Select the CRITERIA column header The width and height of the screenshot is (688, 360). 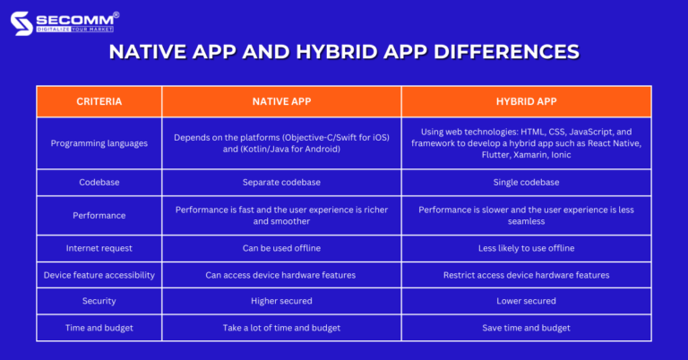point(99,101)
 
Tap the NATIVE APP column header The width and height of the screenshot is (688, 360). point(281,101)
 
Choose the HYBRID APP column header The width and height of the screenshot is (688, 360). point(526,101)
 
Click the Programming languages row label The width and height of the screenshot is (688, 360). point(99,143)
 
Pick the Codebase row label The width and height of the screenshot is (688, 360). point(99,182)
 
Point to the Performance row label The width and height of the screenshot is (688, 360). point(99,215)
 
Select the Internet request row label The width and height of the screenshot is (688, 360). point(99,248)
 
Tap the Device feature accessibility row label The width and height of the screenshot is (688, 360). point(99,275)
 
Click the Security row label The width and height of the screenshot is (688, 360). point(99,301)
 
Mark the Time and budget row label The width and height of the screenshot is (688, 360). point(99,328)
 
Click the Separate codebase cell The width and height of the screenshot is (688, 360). point(281,182)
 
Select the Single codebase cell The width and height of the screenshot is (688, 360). point(526,182)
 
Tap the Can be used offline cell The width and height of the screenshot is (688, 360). point(281,248)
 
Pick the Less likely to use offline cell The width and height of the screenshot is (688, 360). point(526,248)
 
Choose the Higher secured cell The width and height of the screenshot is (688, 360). point(281,301)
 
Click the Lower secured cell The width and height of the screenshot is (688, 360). point(526,301)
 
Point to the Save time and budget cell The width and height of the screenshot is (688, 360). point(526,328)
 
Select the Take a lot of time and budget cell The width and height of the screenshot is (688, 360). point(281,328)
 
